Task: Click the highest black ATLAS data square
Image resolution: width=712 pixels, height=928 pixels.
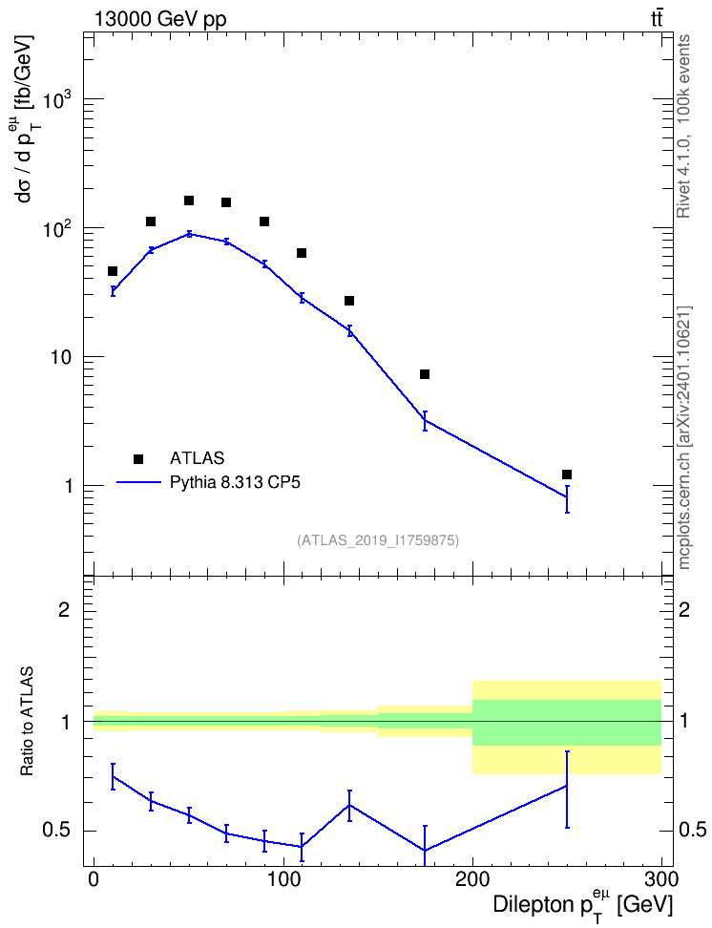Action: pos(189,200)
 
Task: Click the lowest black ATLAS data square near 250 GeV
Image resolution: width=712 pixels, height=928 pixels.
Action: pos(567,475)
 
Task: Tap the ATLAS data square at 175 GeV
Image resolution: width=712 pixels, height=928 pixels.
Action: pos(425,374)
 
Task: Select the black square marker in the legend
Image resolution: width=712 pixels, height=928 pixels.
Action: pos(138,458)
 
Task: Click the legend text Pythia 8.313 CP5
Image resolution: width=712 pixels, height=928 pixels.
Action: pos(235,482)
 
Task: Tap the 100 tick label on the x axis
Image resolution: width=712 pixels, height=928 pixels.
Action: pos(283,879)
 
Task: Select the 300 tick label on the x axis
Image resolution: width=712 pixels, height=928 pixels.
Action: pos(661,879)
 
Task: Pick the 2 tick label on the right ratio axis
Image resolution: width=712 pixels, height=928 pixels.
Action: pos(684,609)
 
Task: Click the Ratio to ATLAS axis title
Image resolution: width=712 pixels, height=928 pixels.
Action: pos(27,721)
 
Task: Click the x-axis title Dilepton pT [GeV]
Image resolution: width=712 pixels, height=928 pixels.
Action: pos(583,903)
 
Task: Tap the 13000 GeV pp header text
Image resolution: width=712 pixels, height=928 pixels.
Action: pos(159,19)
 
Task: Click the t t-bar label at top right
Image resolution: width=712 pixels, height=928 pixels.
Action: pos(657,19)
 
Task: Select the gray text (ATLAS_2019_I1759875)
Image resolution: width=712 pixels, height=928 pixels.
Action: pos(378,539)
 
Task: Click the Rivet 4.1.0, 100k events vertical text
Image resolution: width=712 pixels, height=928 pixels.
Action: pos(683,126)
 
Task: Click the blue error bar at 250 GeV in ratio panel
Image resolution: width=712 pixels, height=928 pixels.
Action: pos(567,790)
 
